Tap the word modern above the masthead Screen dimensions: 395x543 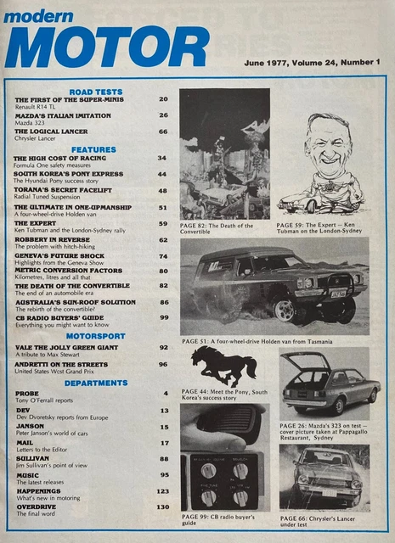[38, 16]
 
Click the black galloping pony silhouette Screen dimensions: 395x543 [223, 366]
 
